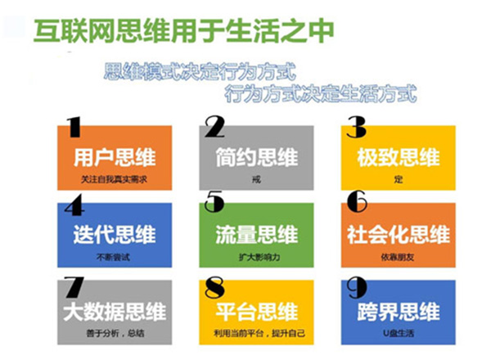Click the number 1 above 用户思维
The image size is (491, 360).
[74, 127]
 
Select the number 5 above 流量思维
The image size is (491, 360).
[214, 201]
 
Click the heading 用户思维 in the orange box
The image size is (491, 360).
[115, 157]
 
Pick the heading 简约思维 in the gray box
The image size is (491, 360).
[257, 157]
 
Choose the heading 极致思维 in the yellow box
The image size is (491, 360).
[398, 157]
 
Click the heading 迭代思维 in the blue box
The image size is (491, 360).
[115, 234]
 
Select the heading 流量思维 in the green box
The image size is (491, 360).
[257, 234]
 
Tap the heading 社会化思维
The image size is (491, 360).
[398, 234]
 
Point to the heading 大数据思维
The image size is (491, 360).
[115, 312]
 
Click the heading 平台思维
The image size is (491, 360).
[257, 312]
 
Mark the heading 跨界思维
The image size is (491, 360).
[398, 312]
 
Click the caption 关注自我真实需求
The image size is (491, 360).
[115, 178]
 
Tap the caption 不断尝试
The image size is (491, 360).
[115, 255]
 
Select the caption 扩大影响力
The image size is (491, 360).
[257, 255]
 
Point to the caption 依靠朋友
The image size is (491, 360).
[398, 255]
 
